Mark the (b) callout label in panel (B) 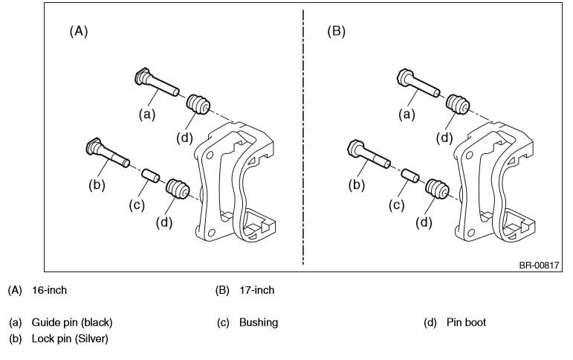(357, 184)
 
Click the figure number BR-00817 (538, 265)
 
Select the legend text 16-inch (50, 291)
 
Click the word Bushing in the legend (258, 323)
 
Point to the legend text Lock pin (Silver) (70, 338)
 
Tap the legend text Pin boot (466, 323)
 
